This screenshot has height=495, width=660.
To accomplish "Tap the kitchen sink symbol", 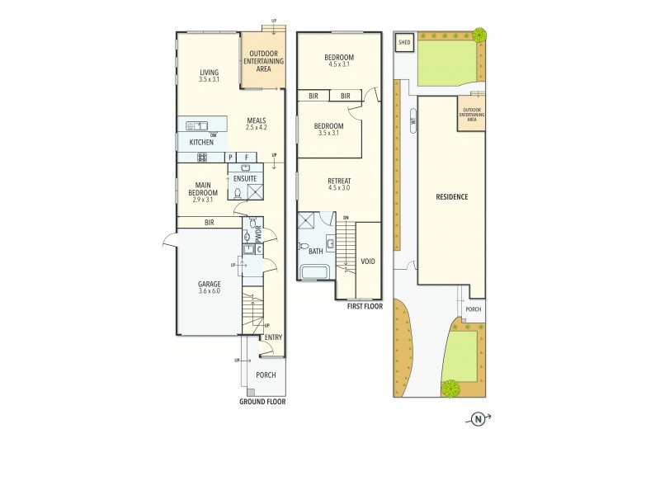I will [x=197, y=126].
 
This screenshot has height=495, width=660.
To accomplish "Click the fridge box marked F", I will [x=247, y=157].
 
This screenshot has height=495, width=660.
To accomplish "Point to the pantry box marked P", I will [x=231, y=157].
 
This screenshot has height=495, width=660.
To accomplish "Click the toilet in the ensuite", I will [x=238, y=194].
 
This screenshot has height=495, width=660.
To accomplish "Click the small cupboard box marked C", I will [x=258, y=248].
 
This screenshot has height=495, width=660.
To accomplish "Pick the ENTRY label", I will [x=272, y=337].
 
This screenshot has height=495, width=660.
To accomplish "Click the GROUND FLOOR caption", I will [x=262, y=402].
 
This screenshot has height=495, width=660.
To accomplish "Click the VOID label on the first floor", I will [x=368, y=262].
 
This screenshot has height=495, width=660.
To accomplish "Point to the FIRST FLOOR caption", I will [x=364, y=306].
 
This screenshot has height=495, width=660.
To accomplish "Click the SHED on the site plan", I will [x=404, y=42].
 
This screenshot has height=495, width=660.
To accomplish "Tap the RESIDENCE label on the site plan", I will [x=452, y=196].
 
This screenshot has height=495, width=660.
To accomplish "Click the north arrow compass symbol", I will [x=478, y=420].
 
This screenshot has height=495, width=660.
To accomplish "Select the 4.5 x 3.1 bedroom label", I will [x=339, y=60].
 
